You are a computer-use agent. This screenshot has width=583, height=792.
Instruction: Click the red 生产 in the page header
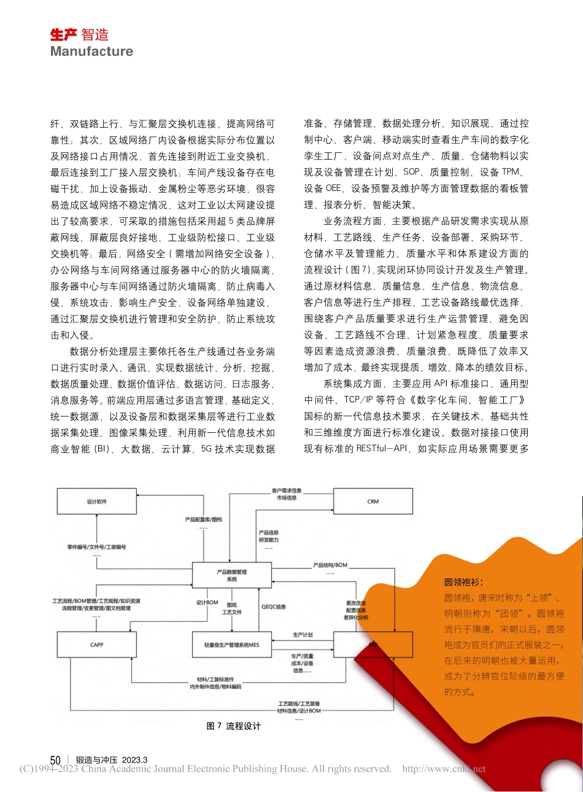click(63, 35)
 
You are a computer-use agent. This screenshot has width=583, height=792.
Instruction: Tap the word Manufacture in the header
click(91, 52)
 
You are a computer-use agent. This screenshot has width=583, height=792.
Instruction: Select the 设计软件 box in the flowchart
click(97, 502)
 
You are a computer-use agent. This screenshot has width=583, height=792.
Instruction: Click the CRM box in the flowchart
click(373, 502)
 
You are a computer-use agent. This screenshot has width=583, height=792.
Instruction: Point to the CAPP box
click(97, 645)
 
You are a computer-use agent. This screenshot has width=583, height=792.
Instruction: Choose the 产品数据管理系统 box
click(232, 575)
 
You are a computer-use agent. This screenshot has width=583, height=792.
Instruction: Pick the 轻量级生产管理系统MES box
click(232, 645)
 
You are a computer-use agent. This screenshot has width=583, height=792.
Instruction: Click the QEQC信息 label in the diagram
click(274, 607)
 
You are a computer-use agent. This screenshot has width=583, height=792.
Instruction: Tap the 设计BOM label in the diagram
click(207, 602)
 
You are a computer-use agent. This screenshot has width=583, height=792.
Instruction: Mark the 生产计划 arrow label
click(303, 635)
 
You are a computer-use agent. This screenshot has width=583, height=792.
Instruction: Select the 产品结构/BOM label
click(330, 565)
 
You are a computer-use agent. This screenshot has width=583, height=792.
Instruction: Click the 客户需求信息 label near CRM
click(287, 491)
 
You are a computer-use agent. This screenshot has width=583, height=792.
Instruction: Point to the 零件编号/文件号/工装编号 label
click(96, 546)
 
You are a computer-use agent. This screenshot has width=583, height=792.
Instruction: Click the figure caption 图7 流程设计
click(234, 726)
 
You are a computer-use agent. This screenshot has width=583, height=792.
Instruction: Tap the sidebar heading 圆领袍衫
click(463, 582)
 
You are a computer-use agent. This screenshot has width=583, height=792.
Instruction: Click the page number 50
click(55, 760)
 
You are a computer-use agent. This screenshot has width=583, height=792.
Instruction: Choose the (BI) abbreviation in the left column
click(101, 449)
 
